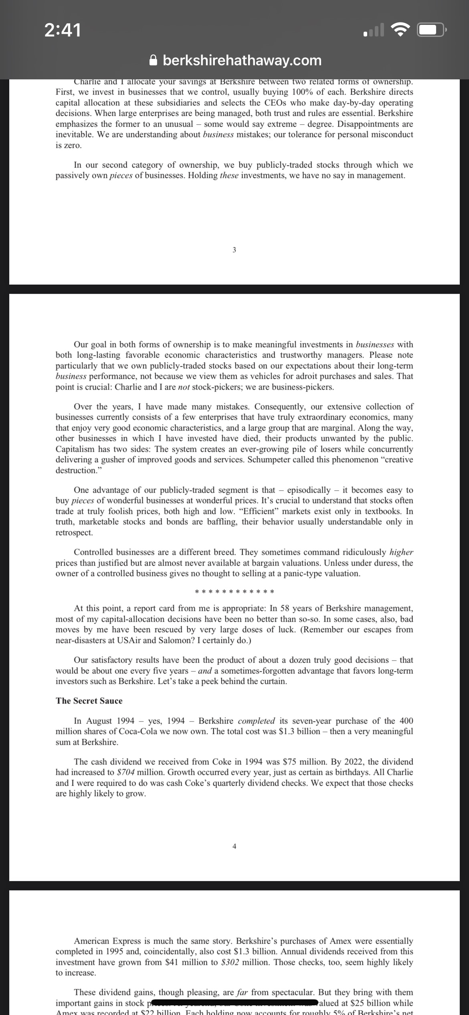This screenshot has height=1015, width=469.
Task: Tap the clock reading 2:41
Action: click(x=63, y=30)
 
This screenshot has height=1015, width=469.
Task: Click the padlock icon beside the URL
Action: click(x=153, y=61)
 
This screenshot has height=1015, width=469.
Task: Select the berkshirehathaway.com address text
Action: click(x=242, y=61)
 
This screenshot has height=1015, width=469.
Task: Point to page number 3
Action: click(x=234, y=250)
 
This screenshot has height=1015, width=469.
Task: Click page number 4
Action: click(x=234, y=846)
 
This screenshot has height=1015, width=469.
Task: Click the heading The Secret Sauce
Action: click(x=89, y=701)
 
